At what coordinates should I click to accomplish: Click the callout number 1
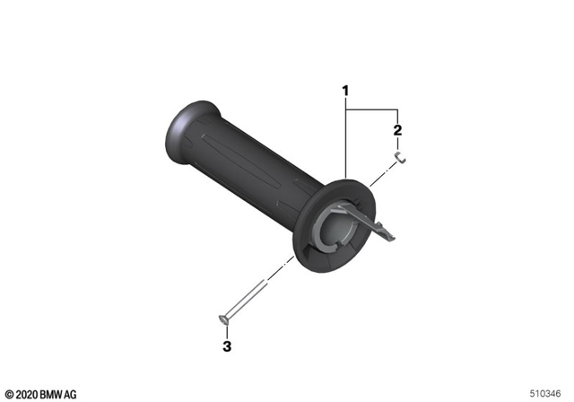(344, 91)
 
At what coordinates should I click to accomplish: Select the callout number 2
(397, 130)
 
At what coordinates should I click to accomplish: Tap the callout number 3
(226, 345)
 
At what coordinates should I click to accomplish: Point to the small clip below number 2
(403, 159)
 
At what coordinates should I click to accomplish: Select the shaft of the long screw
(247, 300)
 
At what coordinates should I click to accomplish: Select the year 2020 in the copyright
(27, 394)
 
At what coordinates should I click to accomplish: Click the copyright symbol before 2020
(9, 394)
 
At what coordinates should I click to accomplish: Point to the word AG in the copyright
(71, 394)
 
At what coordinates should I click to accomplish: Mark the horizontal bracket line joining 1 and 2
(370, 108)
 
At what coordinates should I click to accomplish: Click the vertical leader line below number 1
(344, 144)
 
